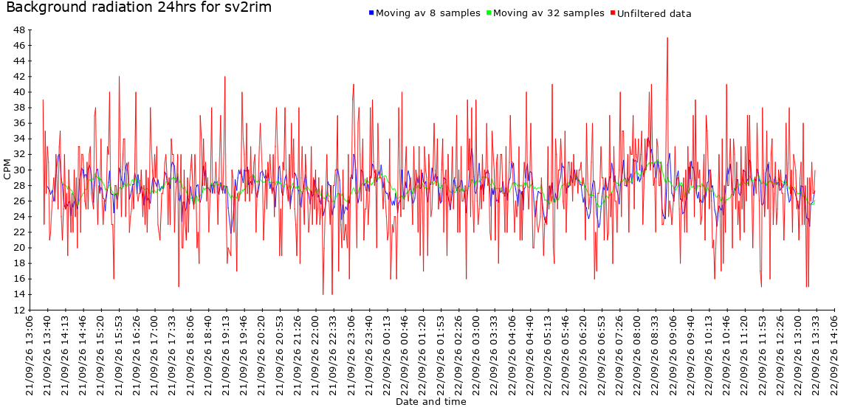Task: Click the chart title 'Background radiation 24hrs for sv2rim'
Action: [x=139, y=7]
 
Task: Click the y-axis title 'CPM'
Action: [x=7, y=170]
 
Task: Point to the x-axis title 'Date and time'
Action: [x=431, y=402]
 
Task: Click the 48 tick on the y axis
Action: [x=19, y=29]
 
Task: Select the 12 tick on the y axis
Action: [x=19, y=310]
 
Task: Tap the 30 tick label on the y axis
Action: [x=19, y=170]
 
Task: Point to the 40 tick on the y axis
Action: [x=19, y=92]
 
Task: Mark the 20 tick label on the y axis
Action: [x=19, y=248]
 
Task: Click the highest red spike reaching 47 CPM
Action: [x=667, y=38]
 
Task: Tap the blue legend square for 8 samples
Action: [x=371, y=12]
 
